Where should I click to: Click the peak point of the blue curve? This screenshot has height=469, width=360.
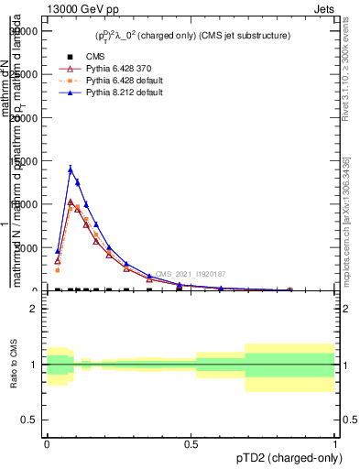tap(71, 169)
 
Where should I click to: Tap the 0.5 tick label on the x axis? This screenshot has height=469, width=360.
tap(191, 443)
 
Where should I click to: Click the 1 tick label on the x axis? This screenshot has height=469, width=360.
tap(334, 443)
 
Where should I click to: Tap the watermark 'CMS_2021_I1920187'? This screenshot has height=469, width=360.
tap(191, 274)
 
